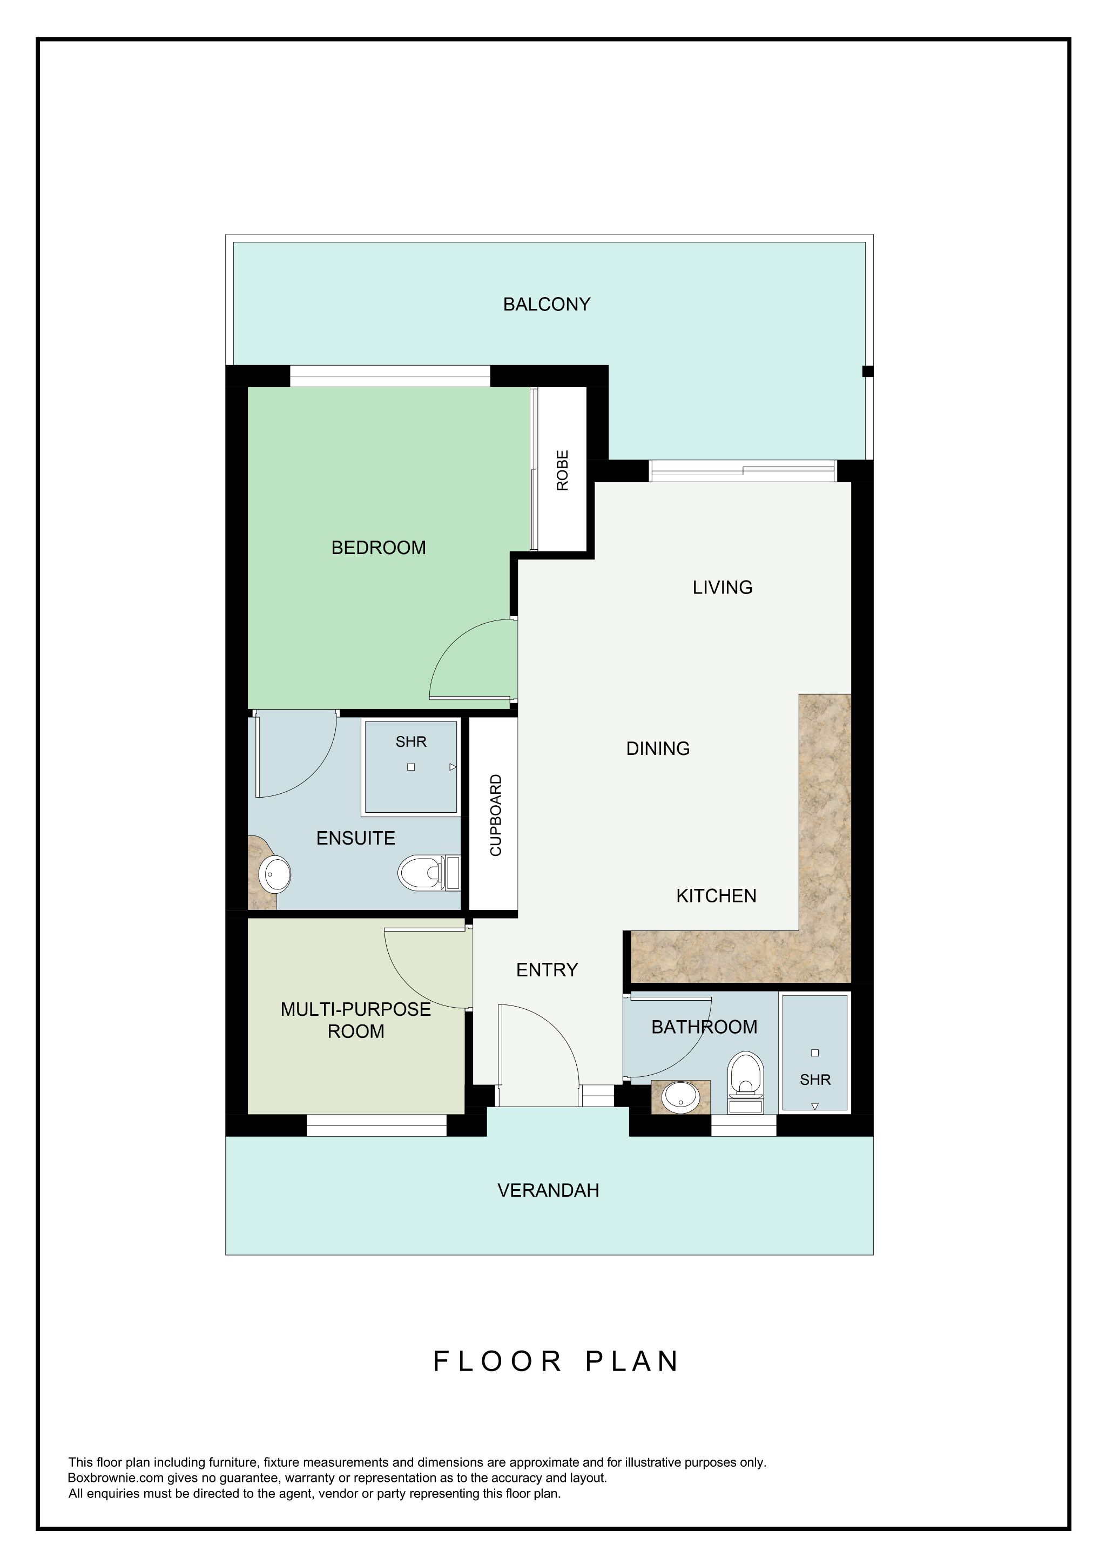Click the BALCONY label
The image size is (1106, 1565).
point(547,304)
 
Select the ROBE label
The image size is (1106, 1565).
point(562,470)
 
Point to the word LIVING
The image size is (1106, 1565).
point(723,587)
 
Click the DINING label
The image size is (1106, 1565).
point(658,748)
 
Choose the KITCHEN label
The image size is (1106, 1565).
point(716,896)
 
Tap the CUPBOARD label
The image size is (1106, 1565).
point(495,815)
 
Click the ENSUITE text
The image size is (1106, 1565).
point(356,838)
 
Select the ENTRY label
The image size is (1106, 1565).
point(547,969)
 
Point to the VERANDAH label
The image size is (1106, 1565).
point(548,1190)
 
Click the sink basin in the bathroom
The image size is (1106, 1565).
point(679,1097)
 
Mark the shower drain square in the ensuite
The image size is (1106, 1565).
point(411,767)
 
